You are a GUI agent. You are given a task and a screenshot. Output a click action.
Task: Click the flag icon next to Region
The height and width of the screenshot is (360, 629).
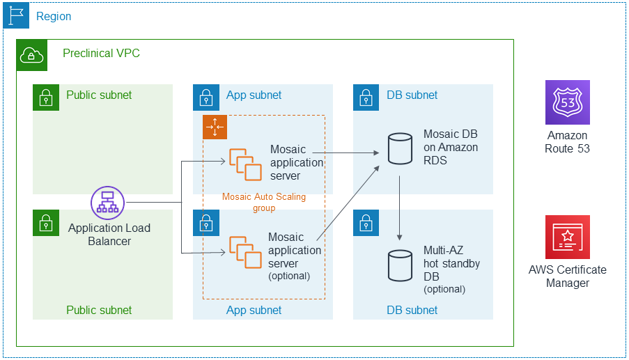point(16,15)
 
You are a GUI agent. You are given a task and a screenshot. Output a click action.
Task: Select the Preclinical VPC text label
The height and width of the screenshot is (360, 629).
point(101,53)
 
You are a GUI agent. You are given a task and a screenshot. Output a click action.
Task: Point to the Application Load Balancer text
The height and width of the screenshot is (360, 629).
point(109,235)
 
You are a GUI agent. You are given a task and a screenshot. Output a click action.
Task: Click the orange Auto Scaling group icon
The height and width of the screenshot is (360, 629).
point(215,127)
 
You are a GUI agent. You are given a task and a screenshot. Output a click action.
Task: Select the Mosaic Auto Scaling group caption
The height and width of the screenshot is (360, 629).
point(263,202)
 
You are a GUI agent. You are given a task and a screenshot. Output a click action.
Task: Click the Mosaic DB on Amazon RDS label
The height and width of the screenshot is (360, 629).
point(451,147)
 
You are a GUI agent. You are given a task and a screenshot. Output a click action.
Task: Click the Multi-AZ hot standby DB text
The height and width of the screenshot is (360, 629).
point(451,264)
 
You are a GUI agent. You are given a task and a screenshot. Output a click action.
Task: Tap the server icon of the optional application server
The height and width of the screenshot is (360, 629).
point(242,252)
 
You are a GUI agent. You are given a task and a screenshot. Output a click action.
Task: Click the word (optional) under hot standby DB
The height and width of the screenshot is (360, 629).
point(444,289)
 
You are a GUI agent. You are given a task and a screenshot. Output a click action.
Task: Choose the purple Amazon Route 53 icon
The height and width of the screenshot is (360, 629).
point(567,102)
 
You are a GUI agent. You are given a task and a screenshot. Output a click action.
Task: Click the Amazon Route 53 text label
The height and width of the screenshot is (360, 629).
point(567,142)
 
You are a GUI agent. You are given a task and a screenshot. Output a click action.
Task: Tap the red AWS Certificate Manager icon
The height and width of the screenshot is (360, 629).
point(567,237)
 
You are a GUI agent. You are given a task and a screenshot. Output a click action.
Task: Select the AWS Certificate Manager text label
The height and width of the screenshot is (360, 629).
point(567,276)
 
